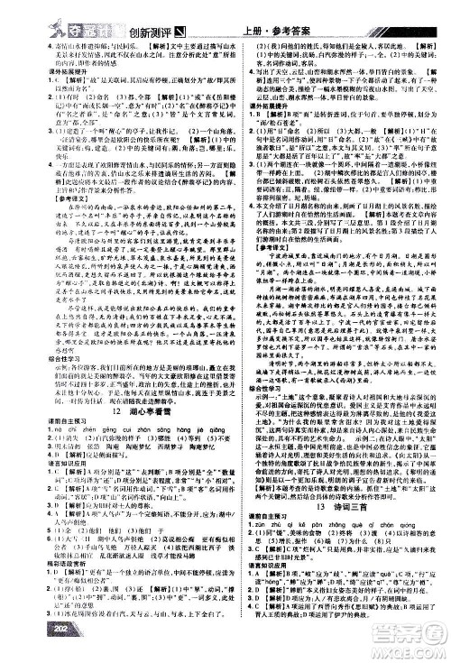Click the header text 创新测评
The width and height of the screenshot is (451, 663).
tap(139, 13)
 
